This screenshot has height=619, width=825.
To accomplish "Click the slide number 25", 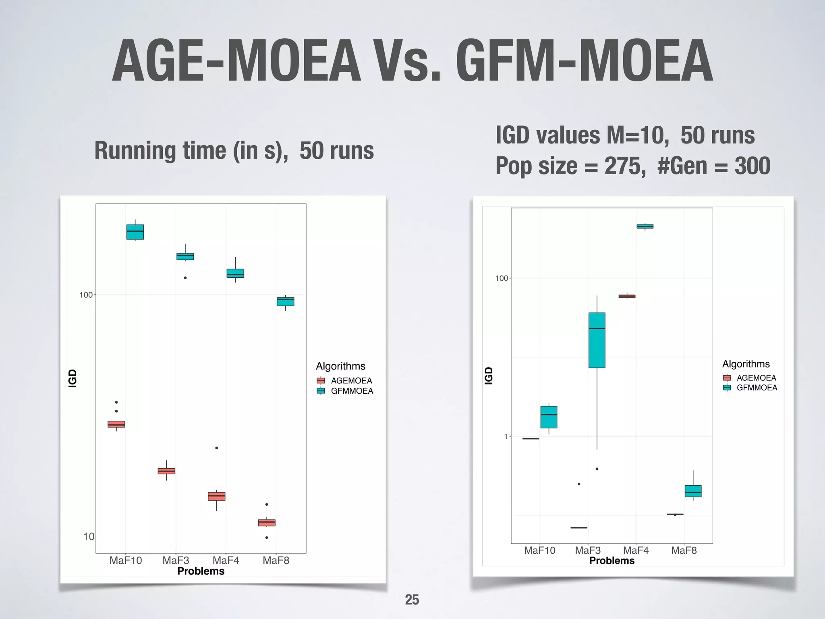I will (x=412, y=600).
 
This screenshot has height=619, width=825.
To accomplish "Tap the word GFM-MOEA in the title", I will (x=584, y=61).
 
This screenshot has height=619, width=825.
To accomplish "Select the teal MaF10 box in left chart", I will (x=135, y=232).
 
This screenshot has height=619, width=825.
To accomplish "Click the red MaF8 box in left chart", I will (x=266, y=523).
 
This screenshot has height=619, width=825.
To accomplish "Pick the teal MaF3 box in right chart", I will (x=597, y=340).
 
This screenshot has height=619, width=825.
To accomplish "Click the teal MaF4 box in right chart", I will (x=645, y=226).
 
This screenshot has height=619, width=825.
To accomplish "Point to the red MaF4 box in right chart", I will (x=627, y=296).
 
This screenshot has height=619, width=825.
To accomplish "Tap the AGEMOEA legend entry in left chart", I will (x=351, y=380).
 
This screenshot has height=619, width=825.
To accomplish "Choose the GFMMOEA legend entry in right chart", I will (x=756, y=388).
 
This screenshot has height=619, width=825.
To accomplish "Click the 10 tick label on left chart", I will (x=89, y=536).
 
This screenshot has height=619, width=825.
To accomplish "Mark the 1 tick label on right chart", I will (x=506, y=436).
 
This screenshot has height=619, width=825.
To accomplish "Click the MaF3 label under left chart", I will (x=176, y=561).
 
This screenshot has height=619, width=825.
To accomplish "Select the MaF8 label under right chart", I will (x=684, y=550).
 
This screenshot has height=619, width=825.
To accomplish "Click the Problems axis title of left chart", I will (x=201, y=571).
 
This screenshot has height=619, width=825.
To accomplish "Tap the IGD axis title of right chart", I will (x=489, y=376).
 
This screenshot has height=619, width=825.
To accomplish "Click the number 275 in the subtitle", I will (x=622, y=166).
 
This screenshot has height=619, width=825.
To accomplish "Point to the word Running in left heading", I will (x=135, y=151).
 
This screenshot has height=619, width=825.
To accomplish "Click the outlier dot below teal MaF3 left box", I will (x=185, y=278).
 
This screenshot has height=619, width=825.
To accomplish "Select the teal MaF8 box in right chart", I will (x=693, y=491).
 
